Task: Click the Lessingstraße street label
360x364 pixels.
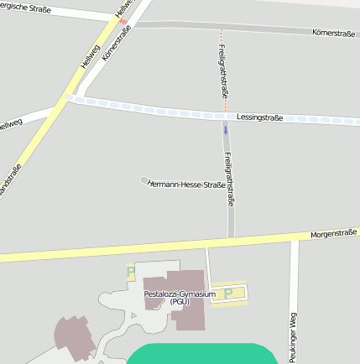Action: pyautogui.click(x=259, y=117)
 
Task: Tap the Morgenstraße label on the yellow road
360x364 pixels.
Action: pyautogui.click(x=334, y=234)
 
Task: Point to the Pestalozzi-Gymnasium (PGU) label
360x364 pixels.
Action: pyautogui.click(x=180, y=297)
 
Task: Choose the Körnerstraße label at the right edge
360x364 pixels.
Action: pyautogui.click(x=333, y=33)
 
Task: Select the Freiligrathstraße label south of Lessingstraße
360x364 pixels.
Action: pyautogui.click(x=228, y=179)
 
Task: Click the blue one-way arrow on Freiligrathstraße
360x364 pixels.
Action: pyautogui.click(x=225, y=130)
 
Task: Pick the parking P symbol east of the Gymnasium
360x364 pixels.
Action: pyautogui.click(x=228, y=294)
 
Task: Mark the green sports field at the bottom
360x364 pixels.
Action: pyautogui.click(x=201, y=354)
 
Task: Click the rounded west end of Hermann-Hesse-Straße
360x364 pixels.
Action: pyautogui.click(x=143, y=179)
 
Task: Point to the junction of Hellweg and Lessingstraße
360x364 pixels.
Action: pyautogui.click(x=67, y=98)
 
